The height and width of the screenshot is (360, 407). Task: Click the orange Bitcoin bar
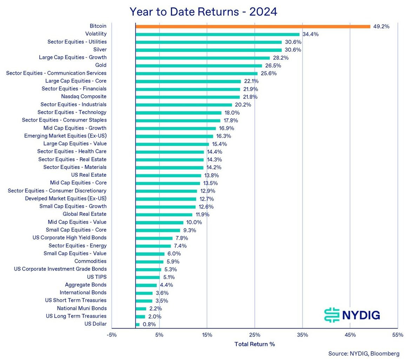tap(253, 26)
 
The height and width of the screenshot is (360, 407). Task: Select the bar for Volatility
tap(218, 34)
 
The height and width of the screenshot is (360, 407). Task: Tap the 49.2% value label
tap(381, 26)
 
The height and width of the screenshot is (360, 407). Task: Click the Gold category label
tap(101, 65)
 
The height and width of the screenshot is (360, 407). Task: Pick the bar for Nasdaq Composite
tap(188, 97)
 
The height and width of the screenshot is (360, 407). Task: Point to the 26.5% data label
tap(273, 66)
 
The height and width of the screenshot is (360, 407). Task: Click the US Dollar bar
tap(138, 325)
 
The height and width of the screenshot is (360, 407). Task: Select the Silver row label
tap(100, 50)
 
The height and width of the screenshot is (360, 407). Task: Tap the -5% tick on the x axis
tap(112, 335)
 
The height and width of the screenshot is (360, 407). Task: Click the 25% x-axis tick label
tap(255, 335)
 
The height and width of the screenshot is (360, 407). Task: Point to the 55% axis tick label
tap(398, 335)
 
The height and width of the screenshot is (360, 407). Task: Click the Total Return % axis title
tap(255, 344)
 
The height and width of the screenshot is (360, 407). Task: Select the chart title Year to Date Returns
tap(203, 11)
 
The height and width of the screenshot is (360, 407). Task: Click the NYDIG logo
tap(352, 315)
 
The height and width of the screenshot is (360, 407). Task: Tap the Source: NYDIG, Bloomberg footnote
tap(364, 353)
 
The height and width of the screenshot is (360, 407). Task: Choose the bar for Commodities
tap(149, 262)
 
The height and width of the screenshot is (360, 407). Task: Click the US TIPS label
tap(96, 277)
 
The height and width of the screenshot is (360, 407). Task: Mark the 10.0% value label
tap(194, 223)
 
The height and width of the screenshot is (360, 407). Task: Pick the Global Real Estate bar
tap(164, 215)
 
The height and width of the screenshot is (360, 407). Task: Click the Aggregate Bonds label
tap(86, 285)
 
